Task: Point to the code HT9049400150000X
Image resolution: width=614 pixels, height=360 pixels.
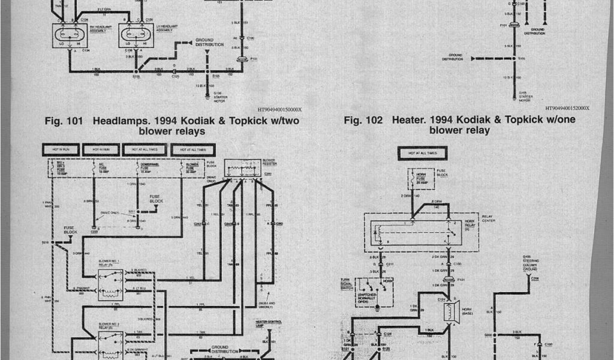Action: coord(279,110)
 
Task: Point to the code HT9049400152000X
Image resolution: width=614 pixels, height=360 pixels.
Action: coord(567,109)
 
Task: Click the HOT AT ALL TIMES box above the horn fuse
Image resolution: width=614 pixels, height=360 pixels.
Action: coord(427,154)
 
